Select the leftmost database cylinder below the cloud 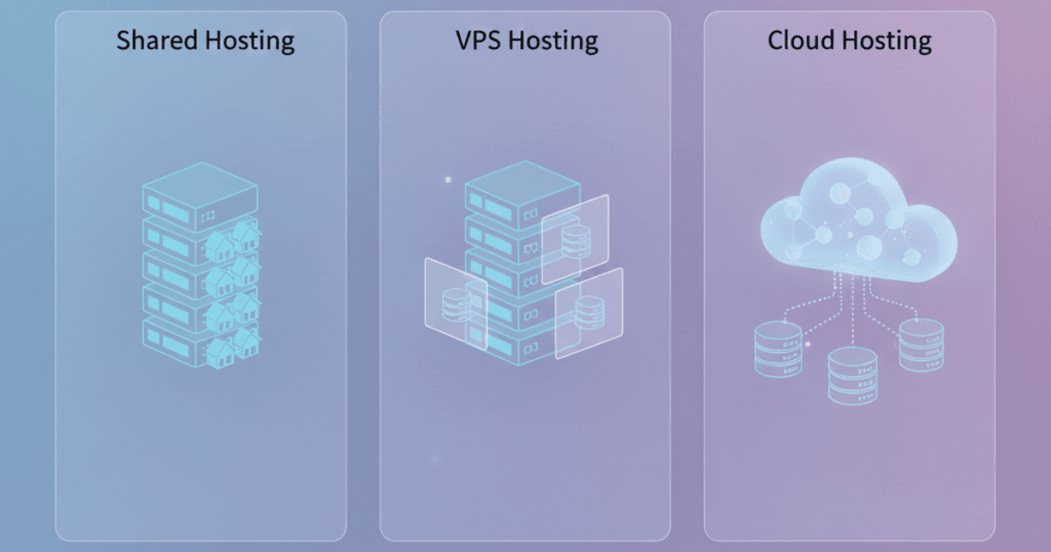(x=778, y=348)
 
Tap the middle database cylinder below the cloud (x=852, y=374)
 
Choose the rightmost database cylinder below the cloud (x=922, y=344)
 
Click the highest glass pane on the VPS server (x=575, y=238)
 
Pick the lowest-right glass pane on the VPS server (x=589, y=313)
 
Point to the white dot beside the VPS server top (x=448, y=180)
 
